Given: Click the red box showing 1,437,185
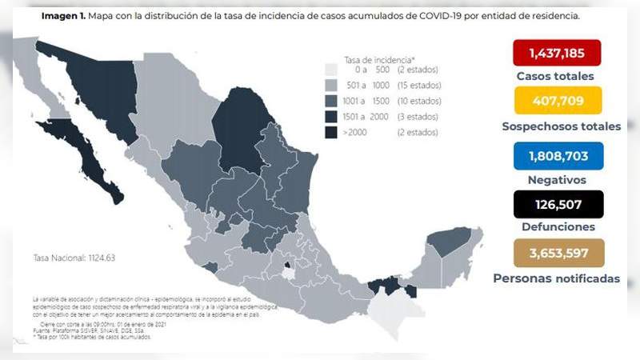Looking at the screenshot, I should click(x=558, y=54).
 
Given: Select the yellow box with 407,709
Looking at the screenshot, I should click(x=558, y=102).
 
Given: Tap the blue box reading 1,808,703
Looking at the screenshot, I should click(x=558, y=155).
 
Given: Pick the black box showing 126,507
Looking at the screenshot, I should click(x=558, y=204).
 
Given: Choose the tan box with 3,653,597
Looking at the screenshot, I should click(x=558, y=254).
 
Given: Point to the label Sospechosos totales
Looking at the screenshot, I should click(x=561, y=126).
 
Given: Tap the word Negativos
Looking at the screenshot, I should click(x=558, y=180).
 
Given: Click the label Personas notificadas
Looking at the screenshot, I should click(x=556, y=278).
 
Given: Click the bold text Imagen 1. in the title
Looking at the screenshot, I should click(x=66, y=15).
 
